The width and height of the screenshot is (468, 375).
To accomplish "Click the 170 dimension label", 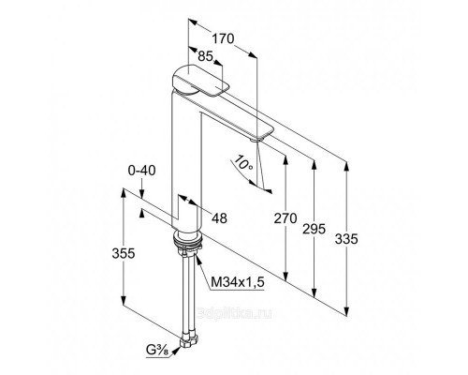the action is tap(223, 38).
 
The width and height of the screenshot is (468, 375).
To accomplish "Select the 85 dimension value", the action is tap(205, 56).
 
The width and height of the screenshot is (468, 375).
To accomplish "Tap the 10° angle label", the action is tap(243, 162).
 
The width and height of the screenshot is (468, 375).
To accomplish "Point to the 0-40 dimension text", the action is tap(141, 171).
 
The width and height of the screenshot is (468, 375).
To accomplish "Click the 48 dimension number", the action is tap(219, 218).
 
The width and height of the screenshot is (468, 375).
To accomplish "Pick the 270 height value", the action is tap(285, 218).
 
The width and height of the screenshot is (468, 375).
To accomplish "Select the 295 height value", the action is tap(314, 229).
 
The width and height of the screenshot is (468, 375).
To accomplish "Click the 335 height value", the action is tap(346, 239).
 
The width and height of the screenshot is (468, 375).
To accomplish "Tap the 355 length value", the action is tap(124, 253).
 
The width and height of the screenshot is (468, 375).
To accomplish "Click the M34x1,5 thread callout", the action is tap(238, 282).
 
